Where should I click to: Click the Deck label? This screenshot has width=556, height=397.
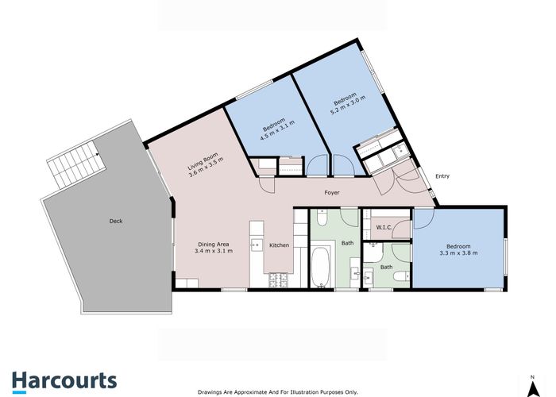pos(116,221)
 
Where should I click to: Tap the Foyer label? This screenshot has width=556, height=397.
pos(332,192)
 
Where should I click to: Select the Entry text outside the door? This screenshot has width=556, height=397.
pos(442,176)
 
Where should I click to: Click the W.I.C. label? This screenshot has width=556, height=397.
pos(384,227)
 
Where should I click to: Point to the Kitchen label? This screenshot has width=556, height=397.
pos(279,245)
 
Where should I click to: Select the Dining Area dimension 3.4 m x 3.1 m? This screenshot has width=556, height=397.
pos(214,251)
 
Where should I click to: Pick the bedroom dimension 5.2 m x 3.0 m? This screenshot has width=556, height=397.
pos(348,106)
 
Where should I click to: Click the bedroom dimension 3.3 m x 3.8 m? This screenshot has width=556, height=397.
pos(458,253)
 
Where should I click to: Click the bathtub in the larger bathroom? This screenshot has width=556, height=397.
pos(321,268)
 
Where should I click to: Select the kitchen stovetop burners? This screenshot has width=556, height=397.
pos(279,280)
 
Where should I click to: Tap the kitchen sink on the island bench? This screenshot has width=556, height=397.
pos(257,245)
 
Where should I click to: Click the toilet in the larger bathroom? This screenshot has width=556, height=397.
pos(322,218)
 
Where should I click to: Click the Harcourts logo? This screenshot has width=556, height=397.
pos(64,382)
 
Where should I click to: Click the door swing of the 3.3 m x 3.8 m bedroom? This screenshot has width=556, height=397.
pos(423,219)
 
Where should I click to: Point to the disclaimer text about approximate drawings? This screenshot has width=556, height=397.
pos(278,392)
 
